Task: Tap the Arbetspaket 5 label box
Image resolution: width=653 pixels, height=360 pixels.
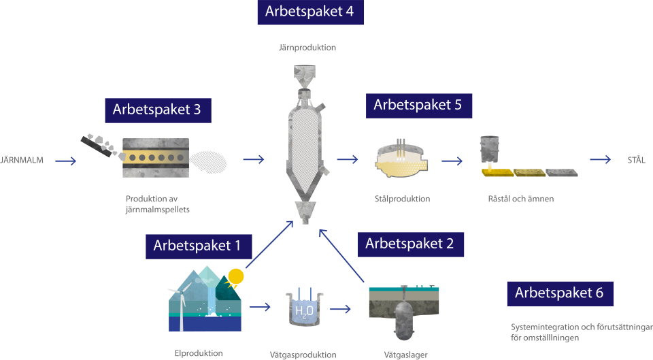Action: tap(418, 105)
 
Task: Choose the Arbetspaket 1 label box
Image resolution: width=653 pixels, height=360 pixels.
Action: tap(198, 246)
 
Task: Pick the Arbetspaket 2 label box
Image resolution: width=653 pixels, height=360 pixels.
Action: tap(409, 243)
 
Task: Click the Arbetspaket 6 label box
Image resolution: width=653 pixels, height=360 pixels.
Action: tap(559, 293)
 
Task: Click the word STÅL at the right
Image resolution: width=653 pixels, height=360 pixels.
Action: tap(635, 161)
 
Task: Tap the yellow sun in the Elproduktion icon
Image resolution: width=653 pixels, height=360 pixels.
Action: tap(235, 276)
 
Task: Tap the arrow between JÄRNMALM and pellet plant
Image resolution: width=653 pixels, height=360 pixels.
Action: tap(65, 161)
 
